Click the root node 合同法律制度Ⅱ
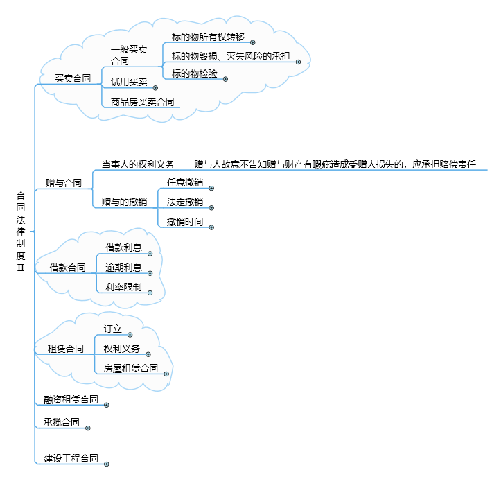click(21, 232)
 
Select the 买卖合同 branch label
click(73, 78)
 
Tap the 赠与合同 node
click(64, 183)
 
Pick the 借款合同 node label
click(67, 268)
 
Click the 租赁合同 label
click(66, 349)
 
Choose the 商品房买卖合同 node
click(143, 102)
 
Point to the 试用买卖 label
click(129, 82)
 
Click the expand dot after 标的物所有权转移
click(253, 42)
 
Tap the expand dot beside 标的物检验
click(226, 79)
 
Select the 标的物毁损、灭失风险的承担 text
click(231, 56)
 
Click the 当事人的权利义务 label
click(138, 164)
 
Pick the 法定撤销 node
click(185, 202)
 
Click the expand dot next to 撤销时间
click(211, 227)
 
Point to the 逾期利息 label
click(123, 268)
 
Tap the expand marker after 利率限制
click(150, 293)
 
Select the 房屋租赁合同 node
click(131, 368)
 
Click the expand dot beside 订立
click(130, 335)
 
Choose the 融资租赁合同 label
click(71, 399)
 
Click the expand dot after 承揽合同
click(88, 428)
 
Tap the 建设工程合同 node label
click(71, 458)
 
